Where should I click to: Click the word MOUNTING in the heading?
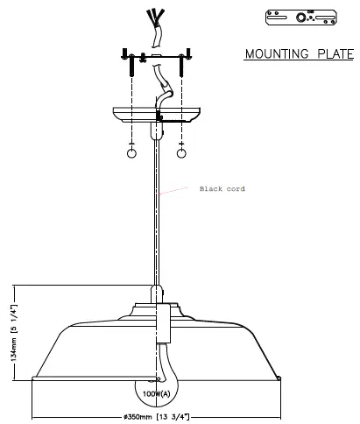pos(277,54)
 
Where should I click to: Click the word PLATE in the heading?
pos(335,54)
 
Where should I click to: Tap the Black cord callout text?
pos(222,189)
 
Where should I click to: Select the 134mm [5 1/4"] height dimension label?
pos(13,333)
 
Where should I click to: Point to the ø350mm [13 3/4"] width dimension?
pos(156,417)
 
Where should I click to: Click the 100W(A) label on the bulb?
pos(156,394)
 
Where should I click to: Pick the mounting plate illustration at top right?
pos(301,18)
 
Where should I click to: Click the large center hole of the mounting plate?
pos(300,18)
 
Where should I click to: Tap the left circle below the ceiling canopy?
pos(131,153)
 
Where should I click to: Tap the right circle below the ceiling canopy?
pos(181,153)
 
